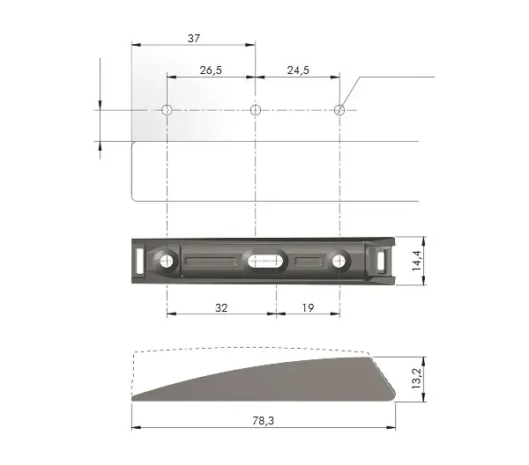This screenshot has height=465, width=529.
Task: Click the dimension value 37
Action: coord(193,38)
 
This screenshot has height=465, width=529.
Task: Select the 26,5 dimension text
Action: coord(210,70)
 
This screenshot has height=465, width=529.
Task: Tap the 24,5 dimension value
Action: coord(297,70)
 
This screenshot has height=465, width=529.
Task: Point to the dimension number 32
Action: coord(221,307)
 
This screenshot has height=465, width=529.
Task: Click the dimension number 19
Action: coord(308,307)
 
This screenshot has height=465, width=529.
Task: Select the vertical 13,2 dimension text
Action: coord(415,379)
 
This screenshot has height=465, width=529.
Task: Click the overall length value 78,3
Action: coord(263,422)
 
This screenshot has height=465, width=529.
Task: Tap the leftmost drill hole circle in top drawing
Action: coord(167,110)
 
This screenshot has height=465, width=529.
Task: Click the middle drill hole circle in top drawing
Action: coord(255,110)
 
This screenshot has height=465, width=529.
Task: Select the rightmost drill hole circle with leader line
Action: coord(340,110)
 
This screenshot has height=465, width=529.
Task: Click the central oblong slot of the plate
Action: coord(264,261)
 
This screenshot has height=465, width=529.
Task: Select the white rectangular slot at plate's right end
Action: coord(379,261)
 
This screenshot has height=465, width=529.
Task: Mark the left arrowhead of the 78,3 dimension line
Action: coord(136,429)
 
